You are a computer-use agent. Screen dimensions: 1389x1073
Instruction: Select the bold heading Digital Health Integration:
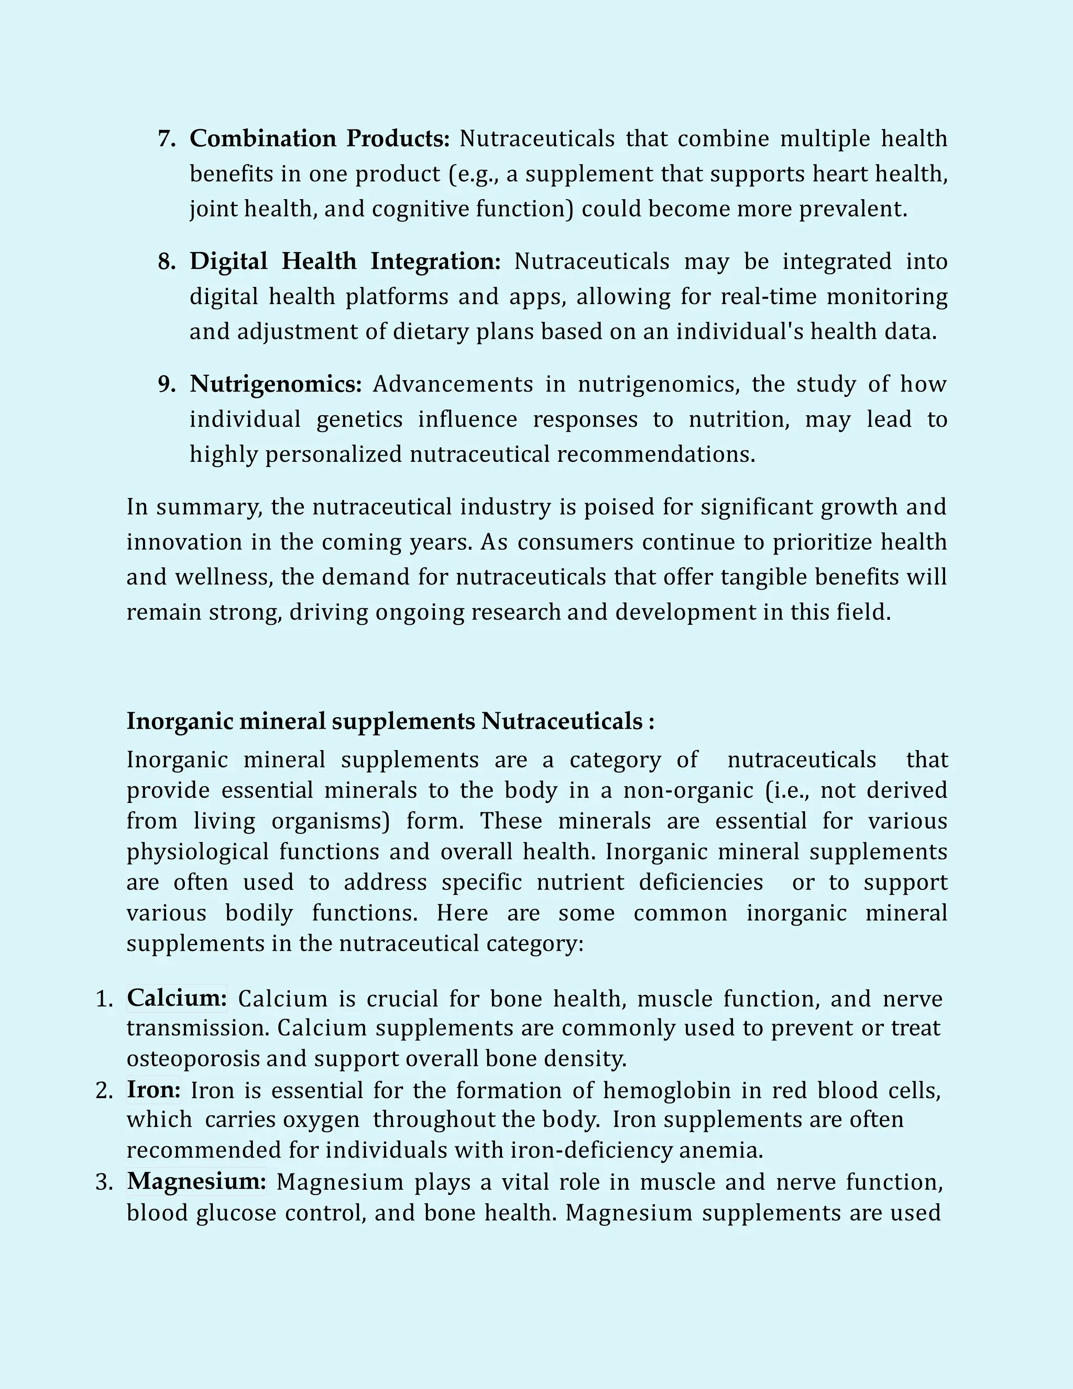pyautogui.click(x=345, y=262)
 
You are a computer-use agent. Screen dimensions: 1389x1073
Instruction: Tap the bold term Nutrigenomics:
pyautogui.click(x=275, y=384)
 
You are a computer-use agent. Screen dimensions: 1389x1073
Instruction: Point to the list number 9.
pyautogui.click(x=167, y=384)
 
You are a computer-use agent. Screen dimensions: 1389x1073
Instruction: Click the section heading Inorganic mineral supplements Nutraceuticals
pyautogui.click(x=390, y=721)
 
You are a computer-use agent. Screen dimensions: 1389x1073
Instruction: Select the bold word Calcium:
pyautogui.click(x=177, y=998)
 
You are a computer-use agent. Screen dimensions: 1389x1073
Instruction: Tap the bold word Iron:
pyautogui.click(x=153, y=1090)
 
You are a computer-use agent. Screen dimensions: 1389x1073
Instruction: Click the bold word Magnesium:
pyautogui.click(x=196, y=1181)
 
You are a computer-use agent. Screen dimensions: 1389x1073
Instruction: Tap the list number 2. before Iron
pyautogui.click(x=104, y=1090)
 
